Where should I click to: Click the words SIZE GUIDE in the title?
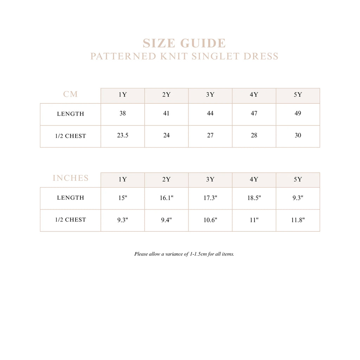(184, 43)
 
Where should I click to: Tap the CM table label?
(70, 94)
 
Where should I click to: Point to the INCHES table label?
(71, 178)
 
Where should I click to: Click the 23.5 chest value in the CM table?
(122, 135)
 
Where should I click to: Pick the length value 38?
(122, 114)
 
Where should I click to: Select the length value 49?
(298, 114)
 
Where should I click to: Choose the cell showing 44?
(210, 114)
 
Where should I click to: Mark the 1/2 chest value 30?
(298, 135)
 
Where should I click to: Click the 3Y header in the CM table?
(210, 95)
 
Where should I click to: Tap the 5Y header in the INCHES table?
(298, 180)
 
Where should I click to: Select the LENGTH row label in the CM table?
(70, 114)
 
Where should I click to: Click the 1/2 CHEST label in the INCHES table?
(70, 220)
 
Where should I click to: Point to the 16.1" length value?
(166, 198)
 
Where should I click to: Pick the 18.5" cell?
(254, 198)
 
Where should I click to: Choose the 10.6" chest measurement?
(210, 220)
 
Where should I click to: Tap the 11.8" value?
(298, 220)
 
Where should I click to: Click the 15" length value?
(122, 198)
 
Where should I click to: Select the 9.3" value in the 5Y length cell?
(298, 198)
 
